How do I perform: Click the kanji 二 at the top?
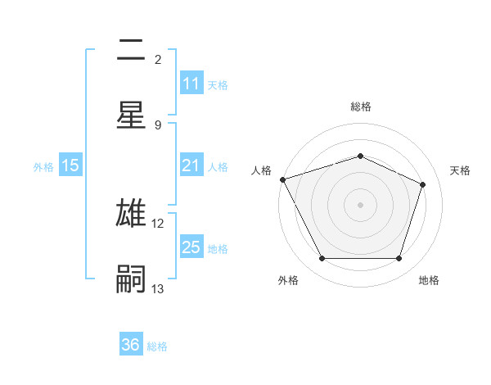coord(131,51)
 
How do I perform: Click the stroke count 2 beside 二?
coord(158,60)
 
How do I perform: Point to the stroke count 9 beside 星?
coord(158,125)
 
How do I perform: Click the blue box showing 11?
coord(191,84)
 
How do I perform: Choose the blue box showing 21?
coord(191,166)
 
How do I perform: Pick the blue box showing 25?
coord(191,247)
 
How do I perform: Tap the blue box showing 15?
coord(70,166)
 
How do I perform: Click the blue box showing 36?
coord(131,345)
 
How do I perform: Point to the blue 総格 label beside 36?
coord(157,346)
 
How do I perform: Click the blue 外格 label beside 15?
coord(43,167)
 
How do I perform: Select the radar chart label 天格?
coord(460,170)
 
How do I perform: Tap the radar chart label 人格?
coord(261,170)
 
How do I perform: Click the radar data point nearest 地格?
coord(399,259)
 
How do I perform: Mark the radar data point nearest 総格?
coord(360,156)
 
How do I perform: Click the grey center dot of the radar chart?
coord(360,204)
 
